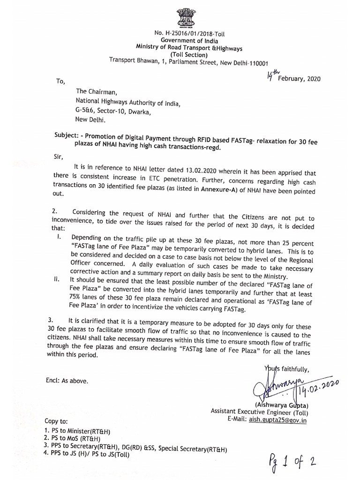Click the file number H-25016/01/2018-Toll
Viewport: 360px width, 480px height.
192,33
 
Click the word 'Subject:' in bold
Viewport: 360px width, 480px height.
69,135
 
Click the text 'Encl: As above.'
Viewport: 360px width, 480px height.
67,380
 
